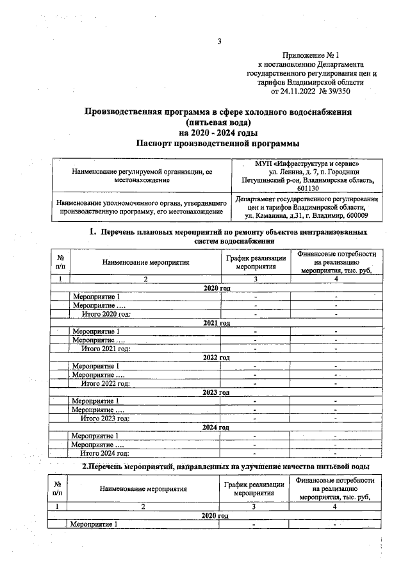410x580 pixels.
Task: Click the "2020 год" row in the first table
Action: click(216, 289)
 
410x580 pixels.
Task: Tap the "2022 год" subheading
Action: click(216, 357)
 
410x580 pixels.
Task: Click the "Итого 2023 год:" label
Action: click(105, 418)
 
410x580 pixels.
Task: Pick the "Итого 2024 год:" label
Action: click(105, 452)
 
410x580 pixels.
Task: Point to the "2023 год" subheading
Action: click(216, 392)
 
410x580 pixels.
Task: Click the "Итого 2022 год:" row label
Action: click(105, 383)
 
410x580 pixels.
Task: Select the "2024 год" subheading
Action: click(216, 427)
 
